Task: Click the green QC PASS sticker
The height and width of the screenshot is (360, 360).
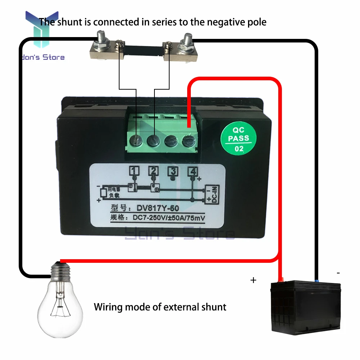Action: [x=239, y=138]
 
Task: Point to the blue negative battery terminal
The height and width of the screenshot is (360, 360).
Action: [x=316, y=279]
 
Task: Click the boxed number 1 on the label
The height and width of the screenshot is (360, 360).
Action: [x=134, y=170]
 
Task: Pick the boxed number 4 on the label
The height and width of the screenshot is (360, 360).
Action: [x=193, y=171]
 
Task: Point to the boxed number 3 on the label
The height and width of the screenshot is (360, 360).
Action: [x=174, y=171]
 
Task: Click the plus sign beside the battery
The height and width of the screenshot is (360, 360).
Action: [x=253, y=280]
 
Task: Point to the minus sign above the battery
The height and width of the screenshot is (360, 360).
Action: [x=338, y=273]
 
